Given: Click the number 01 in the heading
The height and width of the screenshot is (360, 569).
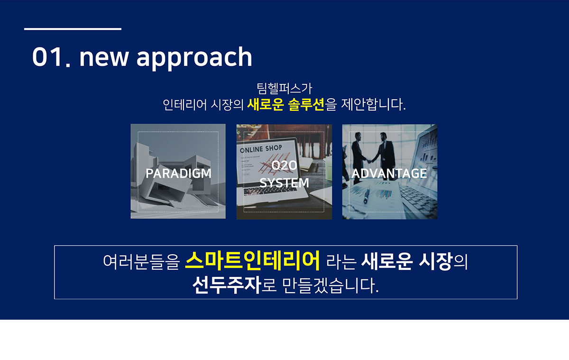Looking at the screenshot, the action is click(x=48, y=57).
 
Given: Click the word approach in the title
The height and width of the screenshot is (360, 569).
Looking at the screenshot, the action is click(x=194, y=58).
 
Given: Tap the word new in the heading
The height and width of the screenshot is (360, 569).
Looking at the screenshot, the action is click(x=104, y=58).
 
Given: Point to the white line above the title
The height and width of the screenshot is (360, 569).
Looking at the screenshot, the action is click(x=73, y=29).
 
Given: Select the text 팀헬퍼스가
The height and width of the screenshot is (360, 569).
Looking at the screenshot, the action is click(x=284, y=88).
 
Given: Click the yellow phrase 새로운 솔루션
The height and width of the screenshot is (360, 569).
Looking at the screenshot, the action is click(x=286, y=104).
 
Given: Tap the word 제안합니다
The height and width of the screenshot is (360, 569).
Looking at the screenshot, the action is click(x=374, y=104).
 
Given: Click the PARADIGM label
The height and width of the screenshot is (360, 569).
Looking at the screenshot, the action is click(x=178, y=174).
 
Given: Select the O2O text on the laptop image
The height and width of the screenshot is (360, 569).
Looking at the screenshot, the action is click(x=284, y=166).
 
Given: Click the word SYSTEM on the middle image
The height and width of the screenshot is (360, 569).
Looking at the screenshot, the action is click(x=284, y=183).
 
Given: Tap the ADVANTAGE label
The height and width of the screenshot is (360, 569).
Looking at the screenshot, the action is click(x=389, y=174).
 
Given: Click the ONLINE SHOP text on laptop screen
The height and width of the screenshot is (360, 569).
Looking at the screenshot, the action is click(x=261, y=149).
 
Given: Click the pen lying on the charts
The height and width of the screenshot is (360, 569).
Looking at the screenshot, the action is click(x=367, y=194).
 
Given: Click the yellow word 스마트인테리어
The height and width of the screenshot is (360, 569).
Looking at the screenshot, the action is click(x=252, y=261).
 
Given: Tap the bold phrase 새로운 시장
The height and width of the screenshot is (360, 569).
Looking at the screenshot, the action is click(x=407, y=261).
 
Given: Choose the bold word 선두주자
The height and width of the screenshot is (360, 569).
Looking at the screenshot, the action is click(x=227, y=286).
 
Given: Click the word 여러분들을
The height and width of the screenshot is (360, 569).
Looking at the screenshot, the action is click(x=141, y=262).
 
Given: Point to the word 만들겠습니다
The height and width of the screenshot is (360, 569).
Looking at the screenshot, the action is click(x=330, y=286).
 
